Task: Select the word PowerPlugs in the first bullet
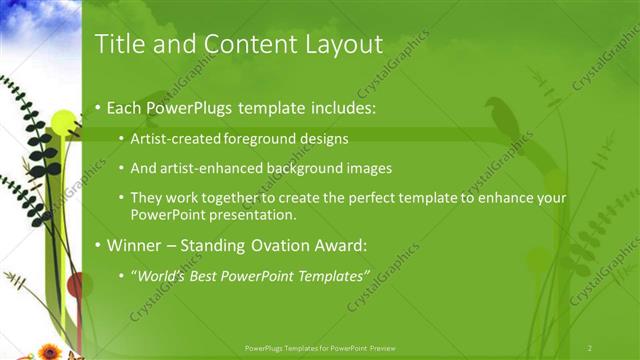(191, 107)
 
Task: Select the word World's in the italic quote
(160, 274)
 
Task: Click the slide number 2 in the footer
(590, 348)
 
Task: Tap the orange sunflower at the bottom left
(49, 351)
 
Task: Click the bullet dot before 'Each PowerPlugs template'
(97, 108)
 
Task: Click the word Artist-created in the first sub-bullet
(171, 139)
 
